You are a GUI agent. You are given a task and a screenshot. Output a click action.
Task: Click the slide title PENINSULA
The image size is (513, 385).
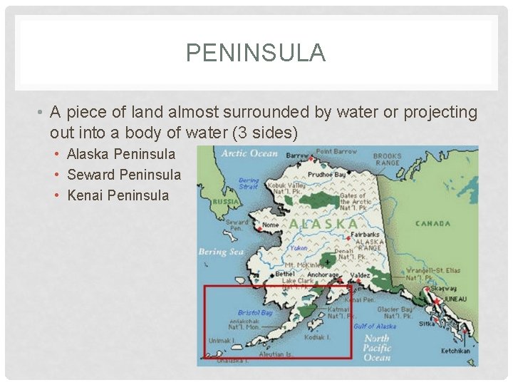[256, 53]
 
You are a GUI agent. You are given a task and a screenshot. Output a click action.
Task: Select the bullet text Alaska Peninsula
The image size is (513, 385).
[120, 154]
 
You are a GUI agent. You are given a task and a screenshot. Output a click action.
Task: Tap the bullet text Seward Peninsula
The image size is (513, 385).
[123, 175]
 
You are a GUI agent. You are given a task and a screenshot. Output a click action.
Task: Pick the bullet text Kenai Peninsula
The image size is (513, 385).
[118, 195]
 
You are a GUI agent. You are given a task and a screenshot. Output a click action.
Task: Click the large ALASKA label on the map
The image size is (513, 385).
[323, 223]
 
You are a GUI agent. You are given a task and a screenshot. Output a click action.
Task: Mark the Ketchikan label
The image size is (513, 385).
[455, 351]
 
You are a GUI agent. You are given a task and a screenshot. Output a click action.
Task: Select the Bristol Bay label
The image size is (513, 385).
[255, 312]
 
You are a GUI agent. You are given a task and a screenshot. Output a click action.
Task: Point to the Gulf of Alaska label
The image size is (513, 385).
[375, 326]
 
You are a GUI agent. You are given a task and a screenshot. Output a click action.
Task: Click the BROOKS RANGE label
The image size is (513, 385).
[387, 160]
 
